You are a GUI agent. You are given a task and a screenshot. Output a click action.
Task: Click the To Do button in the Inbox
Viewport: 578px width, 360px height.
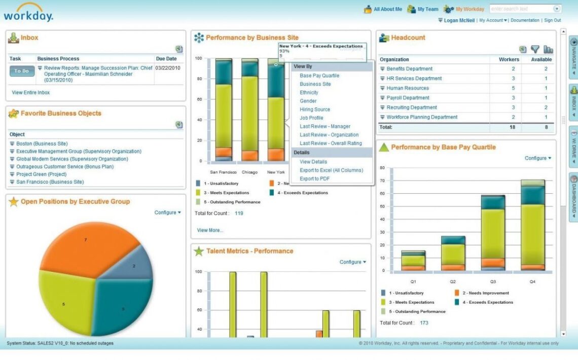22,71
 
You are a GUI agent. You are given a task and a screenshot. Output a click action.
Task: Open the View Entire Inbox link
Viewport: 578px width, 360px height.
31,93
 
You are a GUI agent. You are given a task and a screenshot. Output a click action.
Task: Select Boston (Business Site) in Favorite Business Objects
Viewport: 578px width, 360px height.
42,144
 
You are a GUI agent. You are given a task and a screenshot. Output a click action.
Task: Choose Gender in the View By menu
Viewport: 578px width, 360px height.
308,101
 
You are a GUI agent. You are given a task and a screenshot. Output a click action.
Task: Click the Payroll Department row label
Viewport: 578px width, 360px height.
408,98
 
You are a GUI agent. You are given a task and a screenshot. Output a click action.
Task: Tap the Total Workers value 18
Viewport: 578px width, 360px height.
513,127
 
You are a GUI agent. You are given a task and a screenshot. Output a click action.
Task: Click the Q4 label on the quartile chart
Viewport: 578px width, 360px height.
531,281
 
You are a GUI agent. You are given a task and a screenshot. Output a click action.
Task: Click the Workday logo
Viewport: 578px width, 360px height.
28,12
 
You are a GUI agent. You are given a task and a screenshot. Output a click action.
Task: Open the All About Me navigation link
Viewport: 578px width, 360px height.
388,9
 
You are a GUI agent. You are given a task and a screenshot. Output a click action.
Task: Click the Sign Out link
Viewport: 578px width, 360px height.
553,20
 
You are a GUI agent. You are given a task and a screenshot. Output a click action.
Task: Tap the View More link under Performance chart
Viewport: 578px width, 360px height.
210,230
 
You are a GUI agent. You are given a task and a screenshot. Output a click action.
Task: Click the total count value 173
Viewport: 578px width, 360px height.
424,323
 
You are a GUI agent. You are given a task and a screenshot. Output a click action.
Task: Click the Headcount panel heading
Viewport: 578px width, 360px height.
408,38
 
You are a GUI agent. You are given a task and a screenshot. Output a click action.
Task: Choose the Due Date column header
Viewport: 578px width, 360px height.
166,59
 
